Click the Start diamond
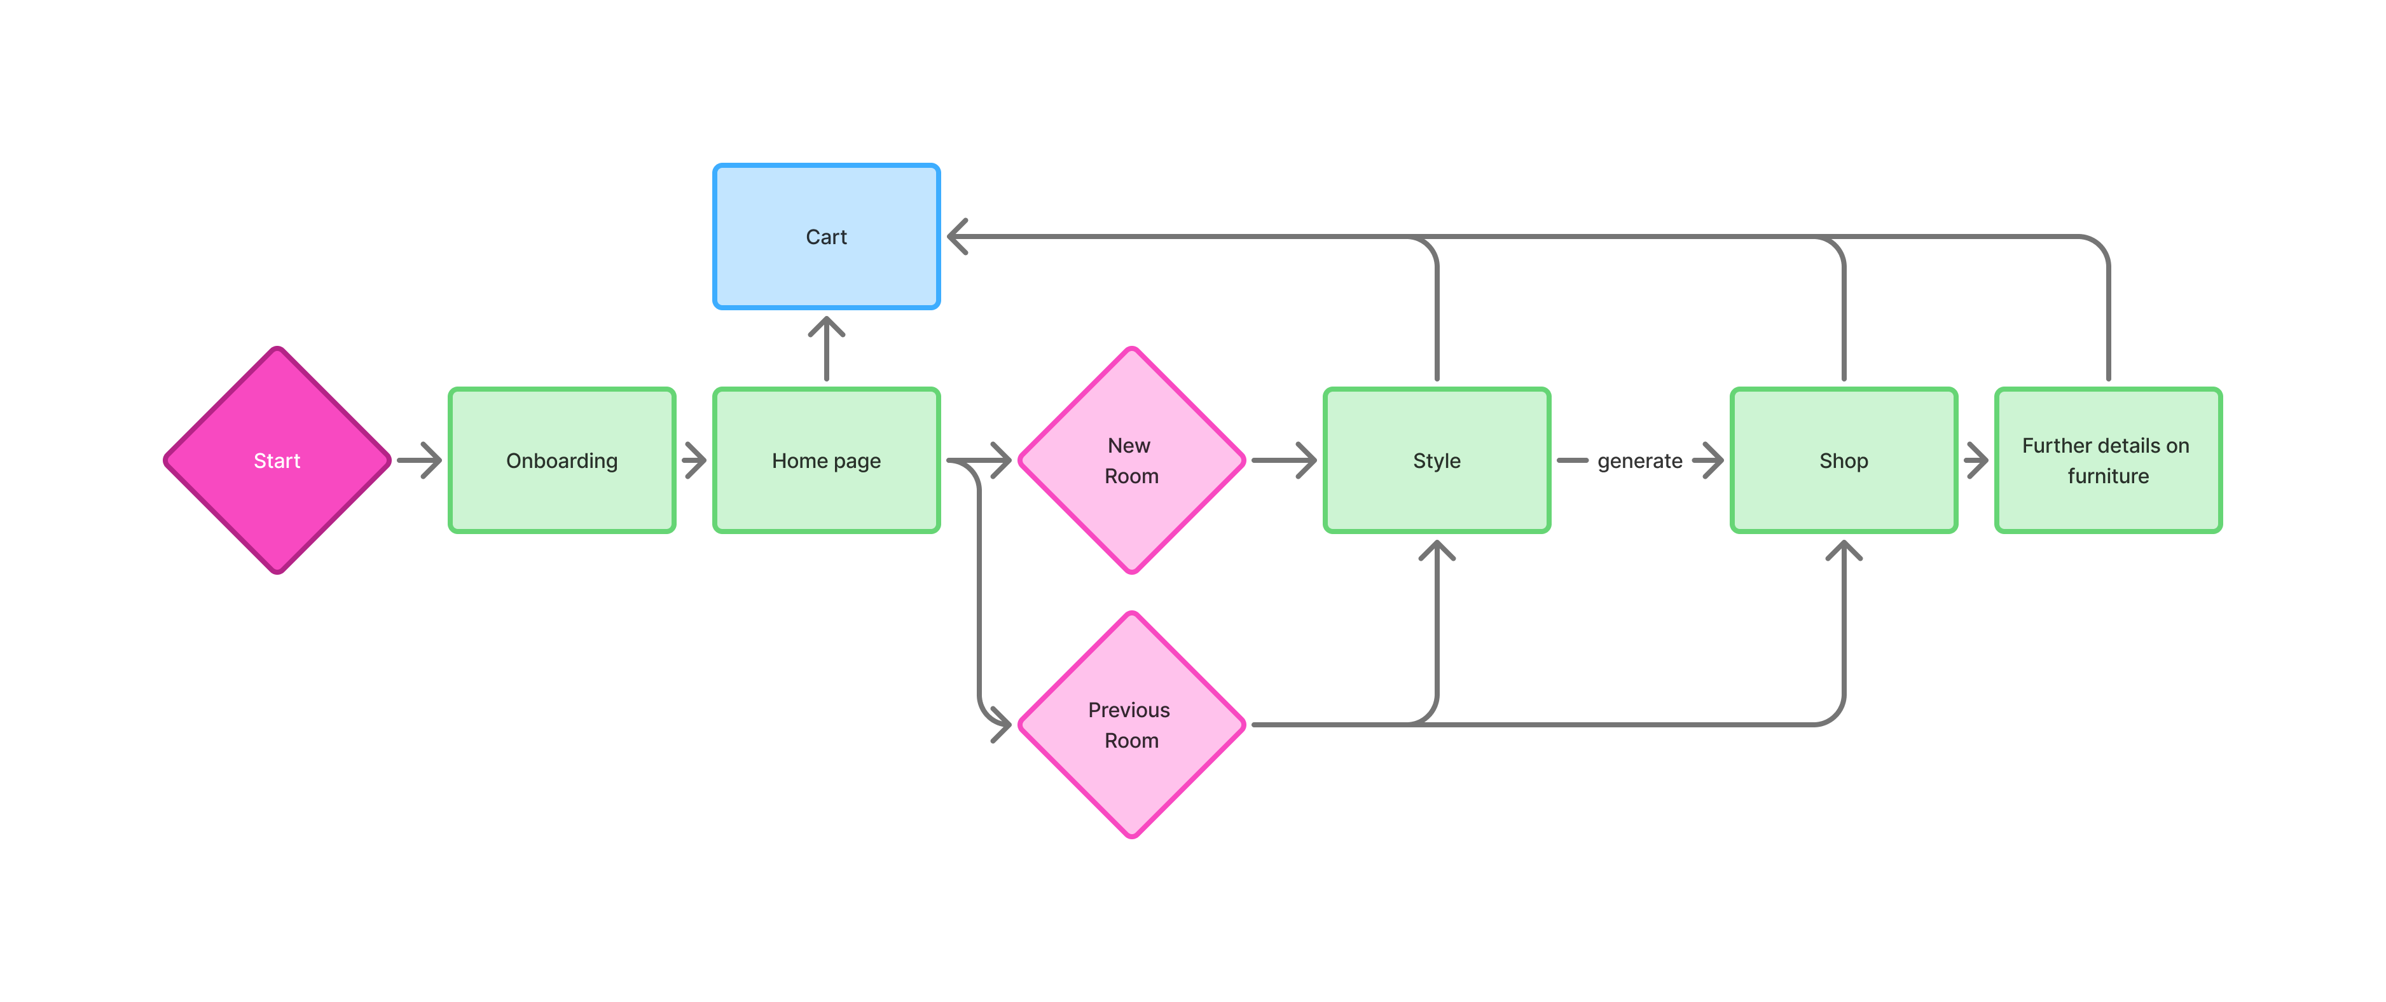[277, 460]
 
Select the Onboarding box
[562, 460]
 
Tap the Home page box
[826, 460]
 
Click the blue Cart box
[826, 236]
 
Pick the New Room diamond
[1131, 460]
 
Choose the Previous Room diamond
[1131, 725]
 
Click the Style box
[1437, 460]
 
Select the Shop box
[1843, 460]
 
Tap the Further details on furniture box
[2107, 460]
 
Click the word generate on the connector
[1639, 460]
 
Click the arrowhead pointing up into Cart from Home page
[826, 327]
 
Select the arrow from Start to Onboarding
[420, 460]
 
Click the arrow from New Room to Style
[1285, 460]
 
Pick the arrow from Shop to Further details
[1976, 460]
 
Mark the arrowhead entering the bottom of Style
[1437, 551]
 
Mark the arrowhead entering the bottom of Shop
[1843, 551]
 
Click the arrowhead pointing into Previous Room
[1000, 724]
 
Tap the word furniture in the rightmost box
[2107, 476]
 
